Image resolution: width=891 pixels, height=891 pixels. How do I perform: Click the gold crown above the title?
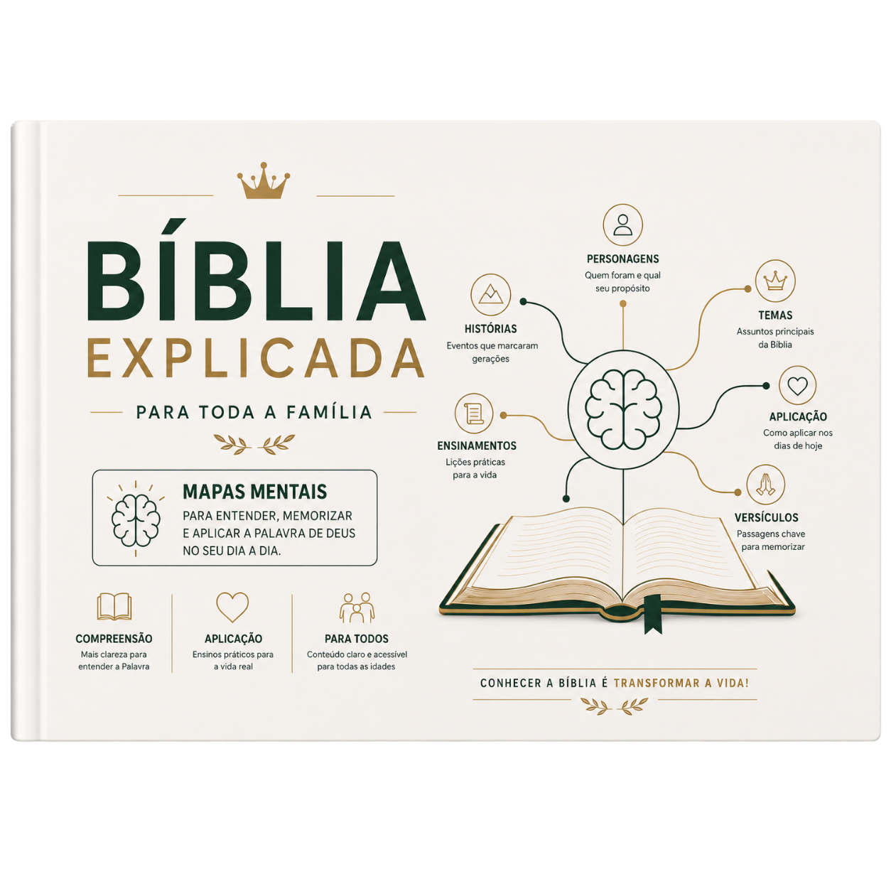263,180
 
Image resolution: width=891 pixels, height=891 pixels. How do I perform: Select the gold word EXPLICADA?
256,359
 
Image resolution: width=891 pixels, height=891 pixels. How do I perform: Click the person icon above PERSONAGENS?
622,225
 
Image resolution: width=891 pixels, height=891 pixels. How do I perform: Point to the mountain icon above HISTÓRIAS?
490,295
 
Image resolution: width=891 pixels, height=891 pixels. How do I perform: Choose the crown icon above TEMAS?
775,280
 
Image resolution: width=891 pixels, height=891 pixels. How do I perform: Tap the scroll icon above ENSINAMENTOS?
474,413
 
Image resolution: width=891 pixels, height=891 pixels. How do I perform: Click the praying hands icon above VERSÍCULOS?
765,484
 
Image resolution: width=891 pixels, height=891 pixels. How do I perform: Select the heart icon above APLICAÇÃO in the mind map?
797,385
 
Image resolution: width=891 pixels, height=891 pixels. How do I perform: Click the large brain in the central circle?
623,409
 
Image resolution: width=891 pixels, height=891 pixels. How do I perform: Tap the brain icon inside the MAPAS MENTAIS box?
136,520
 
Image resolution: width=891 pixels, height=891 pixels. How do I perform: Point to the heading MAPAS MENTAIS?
255,492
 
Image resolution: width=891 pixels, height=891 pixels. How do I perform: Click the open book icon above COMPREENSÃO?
114,606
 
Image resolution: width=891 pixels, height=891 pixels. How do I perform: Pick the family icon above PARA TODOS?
357,607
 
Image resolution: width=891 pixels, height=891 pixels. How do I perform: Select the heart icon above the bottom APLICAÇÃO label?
232,607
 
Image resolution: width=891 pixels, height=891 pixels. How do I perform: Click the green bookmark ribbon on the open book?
653,614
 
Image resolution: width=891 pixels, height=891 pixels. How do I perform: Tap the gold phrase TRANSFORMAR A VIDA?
681,683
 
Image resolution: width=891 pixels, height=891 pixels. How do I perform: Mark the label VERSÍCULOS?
766,517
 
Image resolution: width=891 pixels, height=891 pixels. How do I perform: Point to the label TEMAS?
775,315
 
